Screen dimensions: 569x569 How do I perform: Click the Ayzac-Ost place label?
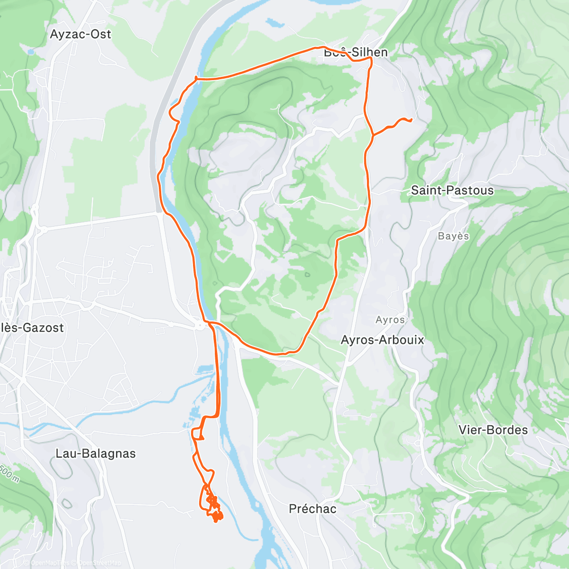click(81, 34)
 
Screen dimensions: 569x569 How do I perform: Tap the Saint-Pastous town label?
click(452, 190)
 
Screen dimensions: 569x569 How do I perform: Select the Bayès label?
click(453, 236)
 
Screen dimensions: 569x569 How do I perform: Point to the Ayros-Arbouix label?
click(382, 340)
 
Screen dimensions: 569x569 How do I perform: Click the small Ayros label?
click(390, 320)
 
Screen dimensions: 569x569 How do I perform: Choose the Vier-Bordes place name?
click(493, 430)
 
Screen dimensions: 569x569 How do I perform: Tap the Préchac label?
click(312, 509)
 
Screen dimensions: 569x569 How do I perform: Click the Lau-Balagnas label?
click(95, 453)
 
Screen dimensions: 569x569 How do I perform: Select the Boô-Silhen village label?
click(356, 52)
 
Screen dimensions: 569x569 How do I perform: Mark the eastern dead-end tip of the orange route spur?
click(411, 120)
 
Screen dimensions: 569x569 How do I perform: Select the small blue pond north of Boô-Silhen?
click(273, 22)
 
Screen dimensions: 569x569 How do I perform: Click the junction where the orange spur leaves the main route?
click(373, 136)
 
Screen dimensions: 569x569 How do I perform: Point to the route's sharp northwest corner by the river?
click(196, 78)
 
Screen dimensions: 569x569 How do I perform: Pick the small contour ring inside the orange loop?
click(307, 274)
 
